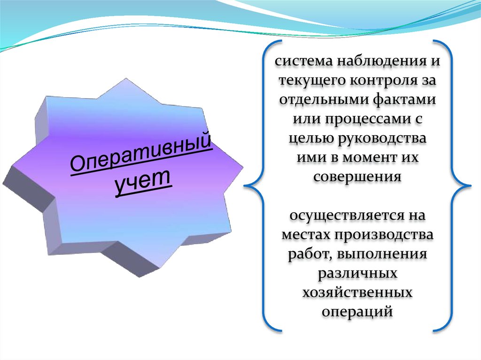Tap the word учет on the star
[x=142, y=181]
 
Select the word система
[x=304, y=61]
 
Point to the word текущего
[x=312, y=81]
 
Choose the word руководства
[x=382, y=138]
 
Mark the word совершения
[x=357, y=177]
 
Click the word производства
[x=384, y=235]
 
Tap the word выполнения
[x=382, y=254]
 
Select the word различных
[x=357, y=274]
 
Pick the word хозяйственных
[x=357, y=292]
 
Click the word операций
[x=357, y=312]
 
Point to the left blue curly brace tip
[x=244, y=185]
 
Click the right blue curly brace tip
[x=470, y=185]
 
